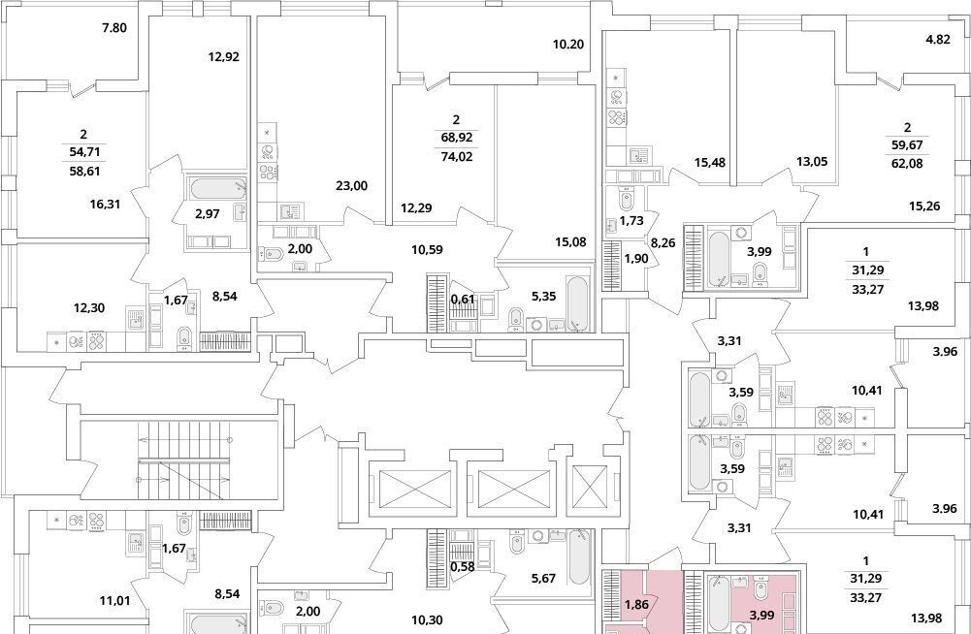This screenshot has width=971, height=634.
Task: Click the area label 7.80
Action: coord(113,27)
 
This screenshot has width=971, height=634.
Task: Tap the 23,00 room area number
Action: coord(351,185)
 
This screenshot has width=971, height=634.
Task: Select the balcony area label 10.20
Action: coord(568,45)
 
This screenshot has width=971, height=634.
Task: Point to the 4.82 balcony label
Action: coord(937,40)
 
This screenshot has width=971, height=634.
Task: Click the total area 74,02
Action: coord(456,157)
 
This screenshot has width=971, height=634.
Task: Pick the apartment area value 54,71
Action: coord(83,151)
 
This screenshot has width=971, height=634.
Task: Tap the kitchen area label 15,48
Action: coord(710,162)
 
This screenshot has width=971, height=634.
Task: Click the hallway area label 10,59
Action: coord(427,250)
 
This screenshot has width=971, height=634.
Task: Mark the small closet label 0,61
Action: coord(463,300)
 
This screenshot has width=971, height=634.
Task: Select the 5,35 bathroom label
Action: coord(543,296)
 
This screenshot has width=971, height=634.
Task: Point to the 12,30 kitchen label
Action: coord(89,307)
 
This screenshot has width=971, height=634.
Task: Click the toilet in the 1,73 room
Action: coord(626,200)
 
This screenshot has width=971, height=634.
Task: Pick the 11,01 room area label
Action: coord(114,599)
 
